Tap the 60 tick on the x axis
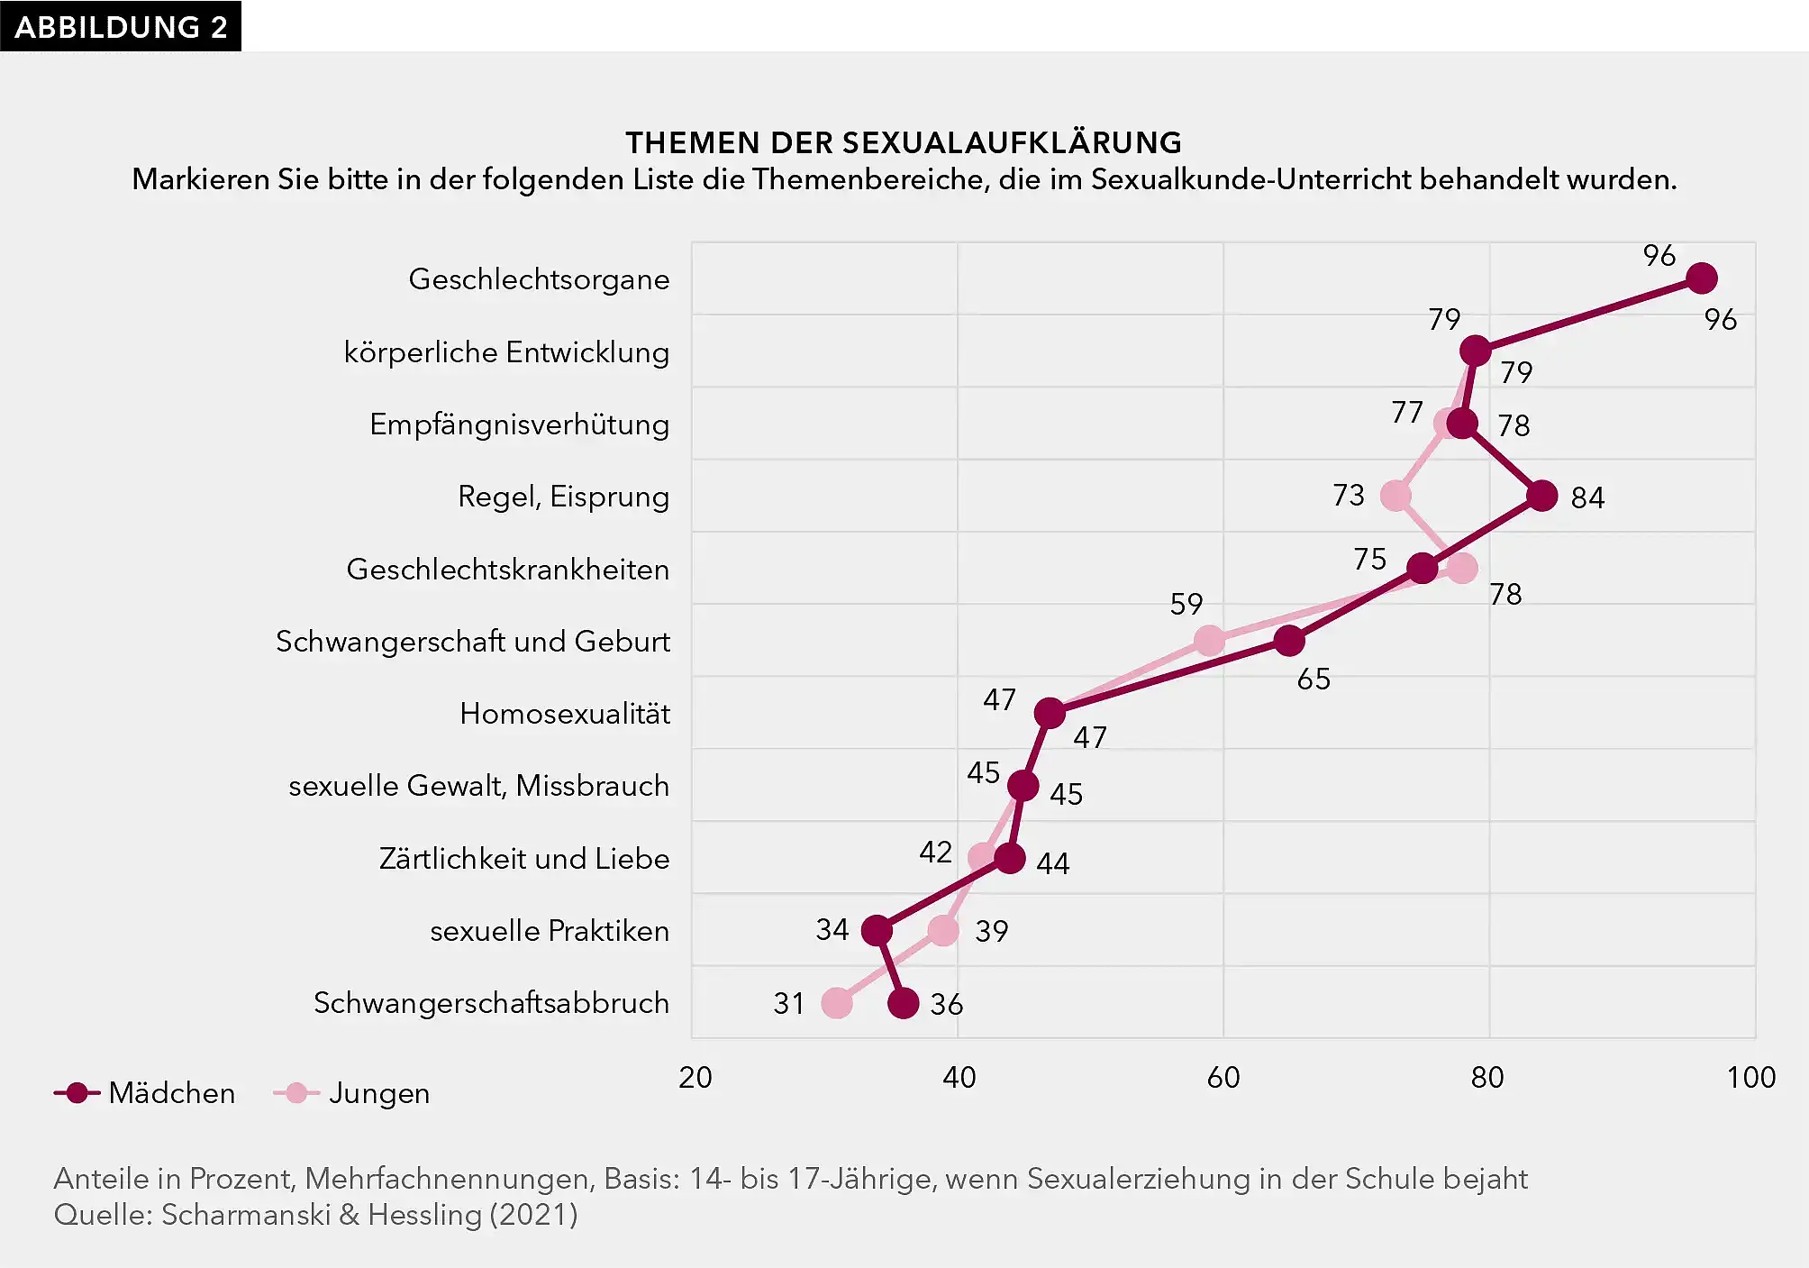tap(1223, 1078)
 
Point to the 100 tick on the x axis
tap(1750, 1078)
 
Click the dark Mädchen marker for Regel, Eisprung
tap(1542, 496)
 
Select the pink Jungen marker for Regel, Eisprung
tap(1395, 496)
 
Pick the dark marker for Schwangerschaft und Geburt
tap(1290, 641)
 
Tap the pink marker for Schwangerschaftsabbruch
tap(837, 1003)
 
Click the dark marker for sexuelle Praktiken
tap(877, 930)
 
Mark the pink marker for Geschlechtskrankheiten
tap(1463, 569)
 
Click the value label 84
tap(1587, 497)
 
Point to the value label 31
tap(788, 1004)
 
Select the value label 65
tap(1314, 679)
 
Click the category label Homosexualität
tap(565, 714)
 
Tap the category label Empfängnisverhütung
tap(519, 424)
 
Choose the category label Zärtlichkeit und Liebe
tap(524, 859)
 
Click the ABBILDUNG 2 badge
tap(121, 26)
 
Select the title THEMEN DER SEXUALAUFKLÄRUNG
tap(904, 142)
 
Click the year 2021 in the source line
tap(533, 1215)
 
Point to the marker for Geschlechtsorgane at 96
tap(1701, 278)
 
